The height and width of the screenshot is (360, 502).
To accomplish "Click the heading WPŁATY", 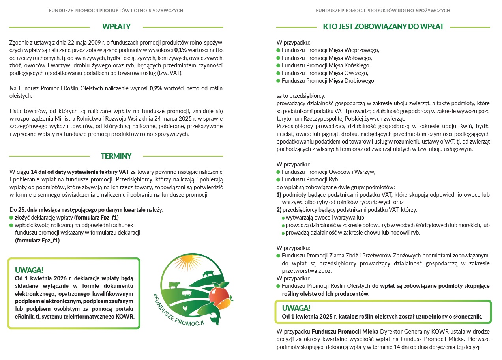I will pos(116,27).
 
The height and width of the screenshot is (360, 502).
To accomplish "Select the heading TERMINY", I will pos(116,156).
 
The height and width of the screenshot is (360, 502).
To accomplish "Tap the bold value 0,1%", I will pos(181,50).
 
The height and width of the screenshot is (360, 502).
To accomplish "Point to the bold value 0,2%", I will pos(156,88).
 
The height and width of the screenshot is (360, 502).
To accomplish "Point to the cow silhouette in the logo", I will pos(174,284).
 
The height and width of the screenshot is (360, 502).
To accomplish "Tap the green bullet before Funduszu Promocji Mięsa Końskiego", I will pos(278,65).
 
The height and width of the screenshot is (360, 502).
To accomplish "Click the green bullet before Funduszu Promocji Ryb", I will pos(278,180).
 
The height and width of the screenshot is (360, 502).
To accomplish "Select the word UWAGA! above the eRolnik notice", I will pos(29,270).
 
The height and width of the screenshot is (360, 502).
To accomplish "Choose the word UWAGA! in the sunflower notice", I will pos(296,308).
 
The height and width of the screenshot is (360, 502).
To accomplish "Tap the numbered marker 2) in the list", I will pos(279,210).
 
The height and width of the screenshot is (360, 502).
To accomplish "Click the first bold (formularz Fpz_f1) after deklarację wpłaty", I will pos(96,218).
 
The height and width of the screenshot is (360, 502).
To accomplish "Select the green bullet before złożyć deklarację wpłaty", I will pos(11,218).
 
